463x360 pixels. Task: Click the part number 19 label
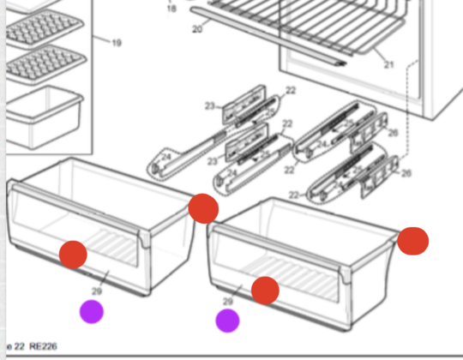pyautogui.click(x=117, y=42)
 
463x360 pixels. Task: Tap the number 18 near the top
pyautogui.click(x=171, y=9)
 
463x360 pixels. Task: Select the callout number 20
pyautogui.click(x=196, y=29)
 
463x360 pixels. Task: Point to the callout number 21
pyautogui.click(x=388, y=65)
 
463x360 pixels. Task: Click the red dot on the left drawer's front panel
pyautogui.click(x=73, y=254)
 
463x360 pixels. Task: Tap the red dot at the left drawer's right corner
pyautogui.click(x=203, y=207)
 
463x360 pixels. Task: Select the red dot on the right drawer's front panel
pyautogui.click(x=266, y=291)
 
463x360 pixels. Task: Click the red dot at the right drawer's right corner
pyautogui.click(x=413, y=241)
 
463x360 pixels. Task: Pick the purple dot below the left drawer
pyautogui.click(x=92, y=312)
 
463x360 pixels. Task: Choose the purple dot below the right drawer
pyautogui.click(x=227, y=321)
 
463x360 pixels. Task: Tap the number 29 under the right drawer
pyautogui.click(x=227, y=302)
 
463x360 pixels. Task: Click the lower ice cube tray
pyautogui.click(x=43, y=65)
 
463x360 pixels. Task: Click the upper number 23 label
pyautogui.click(x=208, y=106)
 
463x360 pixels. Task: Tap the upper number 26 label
pyautogui.click(x=393, y=132)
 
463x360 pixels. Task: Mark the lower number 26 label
pyautogui.click(x=406, y=174)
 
